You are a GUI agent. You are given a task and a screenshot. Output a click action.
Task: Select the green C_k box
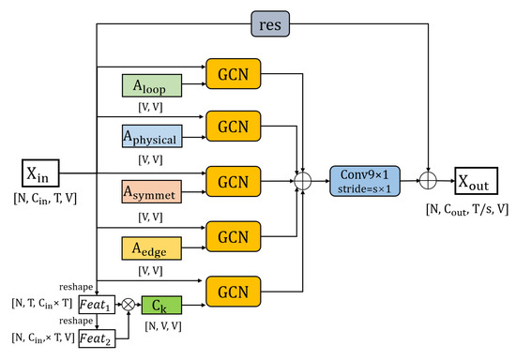click(161, 306)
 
